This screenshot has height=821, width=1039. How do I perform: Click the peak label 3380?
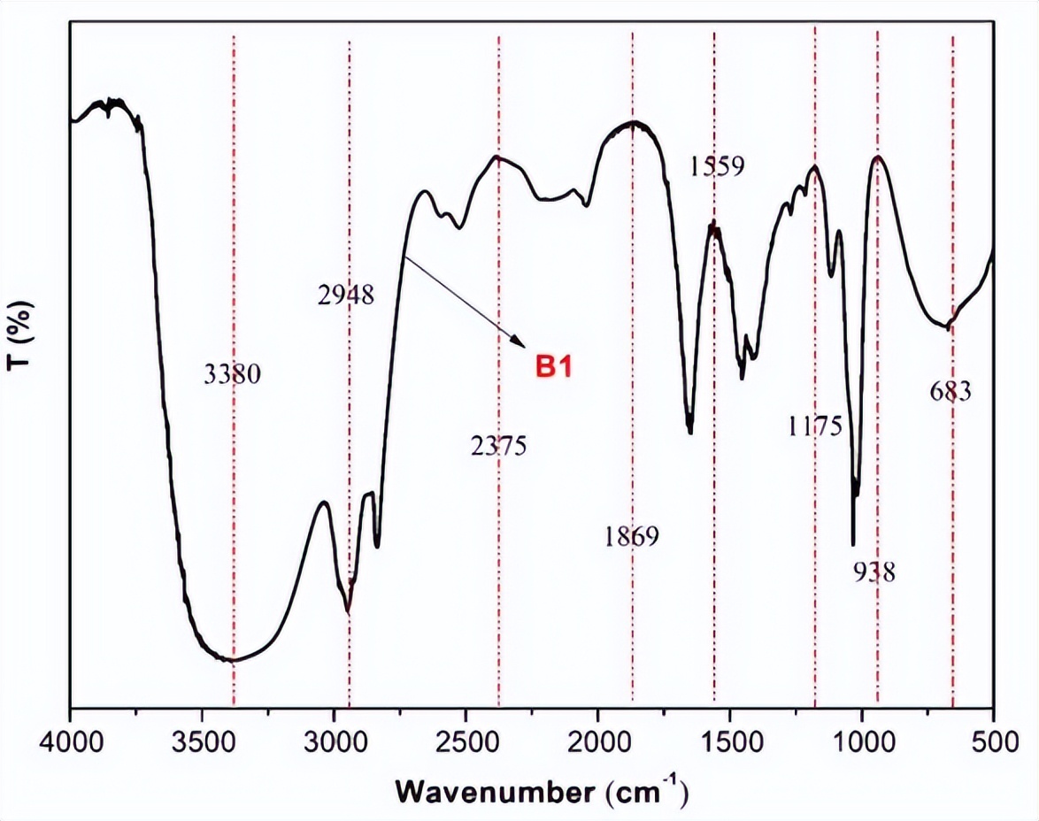(232, 375)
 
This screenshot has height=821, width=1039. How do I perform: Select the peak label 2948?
(345, 295)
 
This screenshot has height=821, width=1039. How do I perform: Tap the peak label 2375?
(498, 445)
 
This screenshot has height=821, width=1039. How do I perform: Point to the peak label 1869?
(632, 536)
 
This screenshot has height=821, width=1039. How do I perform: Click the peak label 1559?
(717, 166)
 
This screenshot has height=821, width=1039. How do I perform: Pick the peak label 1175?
(814, 426)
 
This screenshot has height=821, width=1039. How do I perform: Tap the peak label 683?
(951, 390)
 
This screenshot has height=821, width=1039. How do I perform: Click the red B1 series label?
(553, 366)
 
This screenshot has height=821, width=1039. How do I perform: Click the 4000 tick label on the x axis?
(70, 739)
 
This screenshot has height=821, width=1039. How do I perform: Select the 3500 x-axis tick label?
(202, 739)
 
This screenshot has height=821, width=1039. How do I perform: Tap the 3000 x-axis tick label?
(334, 739)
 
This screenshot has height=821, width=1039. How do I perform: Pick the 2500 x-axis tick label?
(466, 739)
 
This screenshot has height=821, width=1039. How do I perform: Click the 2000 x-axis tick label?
(597, 739)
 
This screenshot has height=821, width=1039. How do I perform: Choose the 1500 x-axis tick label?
(729, 739)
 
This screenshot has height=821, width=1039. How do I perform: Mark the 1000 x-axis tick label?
(861, 739)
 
